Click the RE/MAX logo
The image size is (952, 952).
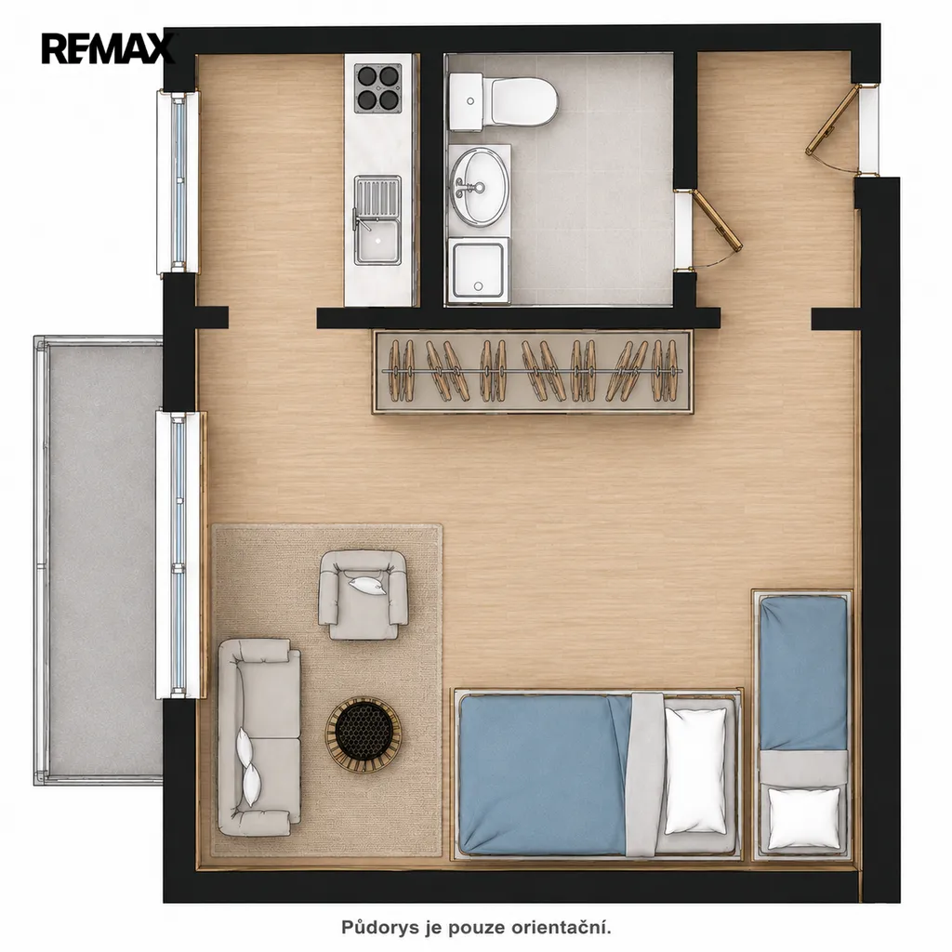(108, 48)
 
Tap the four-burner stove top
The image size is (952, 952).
(379, 88)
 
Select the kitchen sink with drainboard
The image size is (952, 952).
(378, 219)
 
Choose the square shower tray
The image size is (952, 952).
(478, 271)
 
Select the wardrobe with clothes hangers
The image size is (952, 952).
(533, 372)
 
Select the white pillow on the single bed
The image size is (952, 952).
(804, 817)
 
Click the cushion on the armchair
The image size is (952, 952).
(365, 584)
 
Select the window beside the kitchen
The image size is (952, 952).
(178, 181)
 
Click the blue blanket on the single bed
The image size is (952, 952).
(804, 673)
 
